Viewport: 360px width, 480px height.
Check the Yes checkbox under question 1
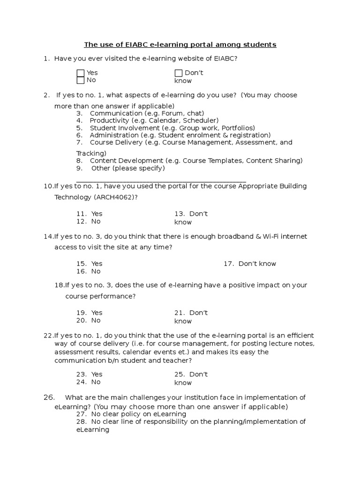[x=81, y=73]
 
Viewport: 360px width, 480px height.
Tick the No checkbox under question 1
[x=81, y=80]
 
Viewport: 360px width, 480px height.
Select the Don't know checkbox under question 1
[x=179, y=73]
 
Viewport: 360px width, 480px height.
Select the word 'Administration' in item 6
[x=113, y=135]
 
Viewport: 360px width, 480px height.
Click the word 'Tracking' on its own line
[x=91, y=153]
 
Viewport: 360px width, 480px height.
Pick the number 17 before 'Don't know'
[x=228, y=264]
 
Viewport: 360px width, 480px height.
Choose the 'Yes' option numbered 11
[x=97, y=214]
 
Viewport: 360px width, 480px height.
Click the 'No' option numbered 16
[x=96, y=271]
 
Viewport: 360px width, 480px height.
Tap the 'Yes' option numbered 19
[x=97, y=313]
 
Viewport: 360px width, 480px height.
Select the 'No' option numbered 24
[x=96, y=382]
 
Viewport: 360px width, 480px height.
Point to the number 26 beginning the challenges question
[x=49, y=397]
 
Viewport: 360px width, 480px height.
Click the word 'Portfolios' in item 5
[x=238, y=128]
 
